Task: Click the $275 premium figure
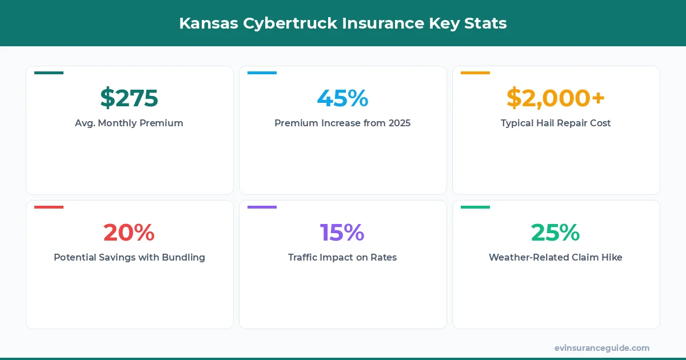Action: point(129,98)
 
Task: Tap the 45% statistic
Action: point(342,98)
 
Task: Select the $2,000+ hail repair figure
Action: point(556,98)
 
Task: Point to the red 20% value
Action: point(129,232)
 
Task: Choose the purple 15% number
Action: point(342,232)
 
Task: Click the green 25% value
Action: point(556,232)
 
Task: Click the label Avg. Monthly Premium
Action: point(129,123)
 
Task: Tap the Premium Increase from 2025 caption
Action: point(342,123)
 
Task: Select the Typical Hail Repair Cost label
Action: point(556,123)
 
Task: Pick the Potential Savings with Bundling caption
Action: point(129,257)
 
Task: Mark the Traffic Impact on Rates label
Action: point(342,257)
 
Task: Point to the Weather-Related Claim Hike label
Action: point(556,257)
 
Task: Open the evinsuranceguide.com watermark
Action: point(602,348)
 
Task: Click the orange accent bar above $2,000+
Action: point(475,73)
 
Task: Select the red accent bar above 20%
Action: point(49,207)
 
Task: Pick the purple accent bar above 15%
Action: point(262,207)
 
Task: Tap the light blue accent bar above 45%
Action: point(262,73)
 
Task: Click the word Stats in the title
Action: point(486,23)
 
